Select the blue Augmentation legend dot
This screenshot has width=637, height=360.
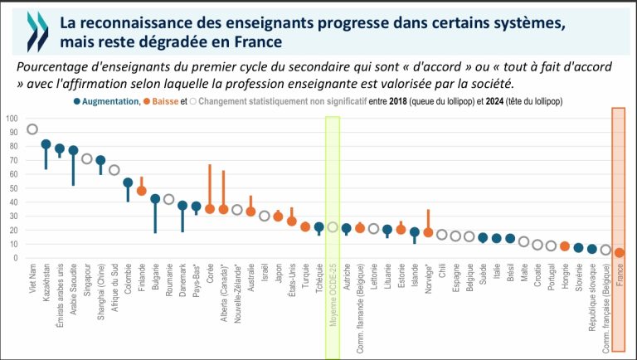tap(77, 101)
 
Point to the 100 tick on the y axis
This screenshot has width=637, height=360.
tap(12, 118)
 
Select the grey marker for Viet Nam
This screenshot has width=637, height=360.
tap(32, 129)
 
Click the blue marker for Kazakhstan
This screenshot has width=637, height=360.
tap(46, 144)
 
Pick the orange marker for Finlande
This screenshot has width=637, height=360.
tap(141, 191)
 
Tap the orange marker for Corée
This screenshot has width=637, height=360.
tap(210, 209)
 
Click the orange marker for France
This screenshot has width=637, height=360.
tap(619, 253)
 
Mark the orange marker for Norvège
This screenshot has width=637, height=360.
tap(428, 232)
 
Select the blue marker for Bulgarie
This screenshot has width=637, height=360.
tap(155, 199)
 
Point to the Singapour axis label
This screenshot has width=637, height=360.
tap(87, 287)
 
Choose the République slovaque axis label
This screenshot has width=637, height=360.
tap(592, 301)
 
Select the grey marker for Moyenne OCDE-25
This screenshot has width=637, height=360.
tap(333, 227)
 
